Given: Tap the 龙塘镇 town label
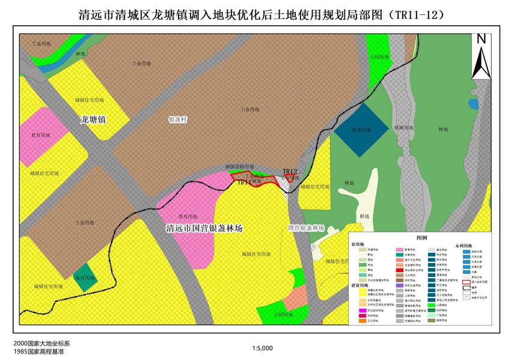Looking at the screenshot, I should (93, 120).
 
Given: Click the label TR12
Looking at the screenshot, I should (290, 172).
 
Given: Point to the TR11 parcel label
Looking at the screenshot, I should (245, 181).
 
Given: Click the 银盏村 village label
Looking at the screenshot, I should (179, 120).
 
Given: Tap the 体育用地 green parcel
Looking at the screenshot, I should (85, 278).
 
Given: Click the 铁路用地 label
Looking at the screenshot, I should (403, 128).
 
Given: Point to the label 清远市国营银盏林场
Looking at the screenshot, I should (204, 229).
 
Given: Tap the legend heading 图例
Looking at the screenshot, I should (421, 238).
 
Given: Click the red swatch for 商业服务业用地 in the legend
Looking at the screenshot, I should (400, 271).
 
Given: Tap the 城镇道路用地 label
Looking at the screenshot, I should (240, 166).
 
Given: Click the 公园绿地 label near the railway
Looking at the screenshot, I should (379, 57).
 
